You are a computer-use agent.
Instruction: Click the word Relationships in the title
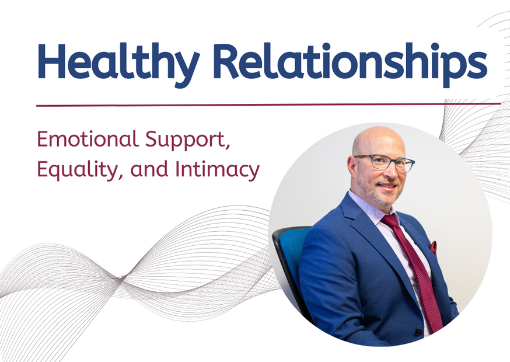click(350, 64)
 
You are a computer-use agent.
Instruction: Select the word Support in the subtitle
click(188, 141)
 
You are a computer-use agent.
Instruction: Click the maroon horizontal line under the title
click(268, 105)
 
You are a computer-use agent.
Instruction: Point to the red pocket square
click(432, 248)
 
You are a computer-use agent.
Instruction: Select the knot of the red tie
click(390, 220)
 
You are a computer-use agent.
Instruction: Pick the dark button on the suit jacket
click(418, 332)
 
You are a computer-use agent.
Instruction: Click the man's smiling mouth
click(387, 186)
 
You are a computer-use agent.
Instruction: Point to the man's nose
click(393, 173)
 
